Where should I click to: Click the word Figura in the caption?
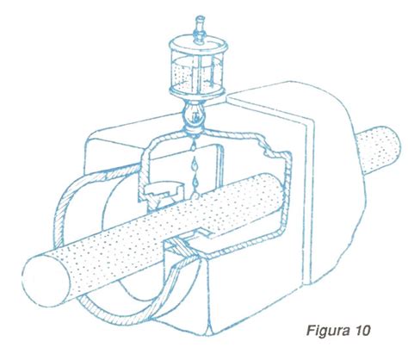click(328, 331)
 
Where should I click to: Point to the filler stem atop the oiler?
click(199, 29)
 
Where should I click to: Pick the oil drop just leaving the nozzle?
click(194, 146)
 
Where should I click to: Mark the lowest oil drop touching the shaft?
click(195, 195)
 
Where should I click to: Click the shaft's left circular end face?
click(46, 281)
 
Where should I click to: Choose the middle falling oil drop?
click(195, 164)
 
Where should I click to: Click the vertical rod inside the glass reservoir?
click(198, 71)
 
